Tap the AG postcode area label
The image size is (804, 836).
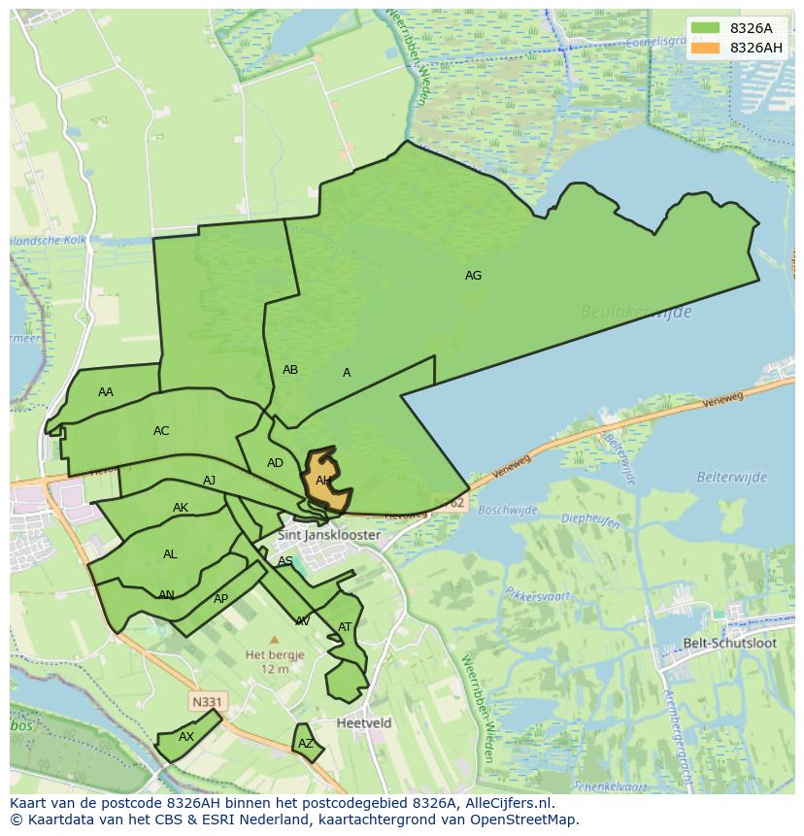[473, 276]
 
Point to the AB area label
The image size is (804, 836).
[290, 370]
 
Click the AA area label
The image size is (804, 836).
[106, 392]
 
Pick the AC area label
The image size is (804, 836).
[161, 431]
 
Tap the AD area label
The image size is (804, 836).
[275, 463]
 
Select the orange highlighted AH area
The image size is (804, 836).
[326, 482]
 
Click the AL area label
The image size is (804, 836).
[170, 554]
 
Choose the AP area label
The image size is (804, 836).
[220, 599]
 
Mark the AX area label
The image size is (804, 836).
[186, 737]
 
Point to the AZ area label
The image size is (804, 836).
[306, 744]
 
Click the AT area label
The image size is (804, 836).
[345, 627]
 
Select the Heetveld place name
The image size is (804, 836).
[364, 723]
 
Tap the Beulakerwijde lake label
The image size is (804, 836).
[636, 312]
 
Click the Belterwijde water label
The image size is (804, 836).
[731, 477]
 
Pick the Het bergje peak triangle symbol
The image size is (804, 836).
[274, 640]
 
